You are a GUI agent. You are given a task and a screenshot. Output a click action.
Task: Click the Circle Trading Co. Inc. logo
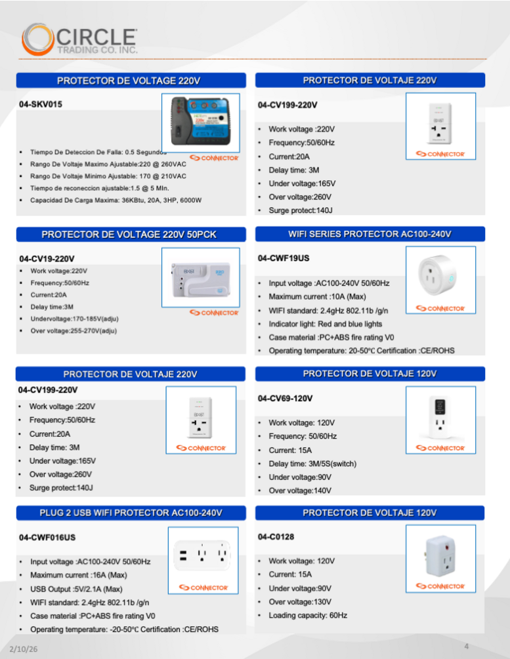tap(79, 39)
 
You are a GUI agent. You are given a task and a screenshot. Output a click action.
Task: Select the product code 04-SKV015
tap(41, 104)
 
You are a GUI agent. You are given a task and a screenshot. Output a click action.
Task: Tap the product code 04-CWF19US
tap(284, 259)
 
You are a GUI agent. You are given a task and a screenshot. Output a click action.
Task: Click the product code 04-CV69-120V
tap(285, 399)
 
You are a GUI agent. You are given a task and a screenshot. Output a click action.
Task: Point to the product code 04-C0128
tap(276, 537)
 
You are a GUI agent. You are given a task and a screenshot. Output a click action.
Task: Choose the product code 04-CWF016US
tap(47, 538)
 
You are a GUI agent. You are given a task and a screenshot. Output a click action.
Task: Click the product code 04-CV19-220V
tap(47, 258)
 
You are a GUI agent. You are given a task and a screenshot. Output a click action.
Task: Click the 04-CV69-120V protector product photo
tap(440, 416)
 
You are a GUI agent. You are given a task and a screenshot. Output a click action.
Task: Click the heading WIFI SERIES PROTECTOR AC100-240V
tap(370, 234)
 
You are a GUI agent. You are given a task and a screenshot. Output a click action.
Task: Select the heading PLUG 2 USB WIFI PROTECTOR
tap(131, 512)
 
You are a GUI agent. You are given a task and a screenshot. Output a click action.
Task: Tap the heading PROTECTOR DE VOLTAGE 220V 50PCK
tap(129, 234)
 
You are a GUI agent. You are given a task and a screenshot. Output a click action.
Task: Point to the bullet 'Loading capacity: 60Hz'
tap(308, 615)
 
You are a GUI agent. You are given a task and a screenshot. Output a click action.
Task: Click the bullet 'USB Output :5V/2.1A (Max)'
tap(76, 589)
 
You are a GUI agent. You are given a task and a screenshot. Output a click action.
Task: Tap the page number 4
tap(466, 647)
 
